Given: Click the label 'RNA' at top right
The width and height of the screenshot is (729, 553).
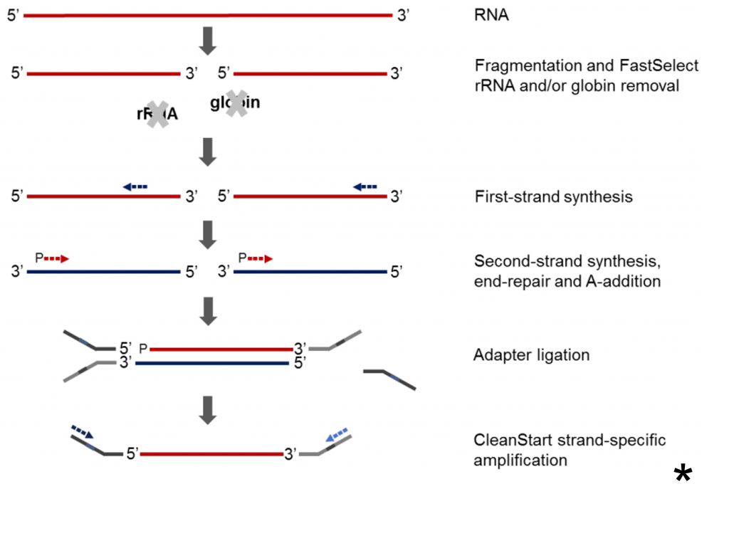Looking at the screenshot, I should [491, 15].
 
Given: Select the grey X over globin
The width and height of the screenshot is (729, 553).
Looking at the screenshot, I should [236, 103].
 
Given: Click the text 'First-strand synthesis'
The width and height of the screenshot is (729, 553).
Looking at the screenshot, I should [553, 196].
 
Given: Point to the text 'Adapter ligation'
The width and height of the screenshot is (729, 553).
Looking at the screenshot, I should [531, 354].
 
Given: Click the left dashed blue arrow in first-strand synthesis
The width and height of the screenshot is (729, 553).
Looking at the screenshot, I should [135, 186].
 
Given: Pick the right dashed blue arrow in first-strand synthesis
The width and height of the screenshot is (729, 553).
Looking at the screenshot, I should [365, 186].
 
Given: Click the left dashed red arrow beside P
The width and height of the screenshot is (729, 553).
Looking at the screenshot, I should [56, 259].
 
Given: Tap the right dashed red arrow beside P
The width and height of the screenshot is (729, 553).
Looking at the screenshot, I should [260, 259].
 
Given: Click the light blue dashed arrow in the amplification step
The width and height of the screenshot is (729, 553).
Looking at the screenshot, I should [336, 433].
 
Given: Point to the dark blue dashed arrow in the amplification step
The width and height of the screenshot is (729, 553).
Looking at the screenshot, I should [82, 431].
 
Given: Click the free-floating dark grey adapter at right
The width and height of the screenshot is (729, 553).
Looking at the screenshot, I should [389, 378].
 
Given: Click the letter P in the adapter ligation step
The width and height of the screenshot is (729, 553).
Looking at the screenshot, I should [143, 349].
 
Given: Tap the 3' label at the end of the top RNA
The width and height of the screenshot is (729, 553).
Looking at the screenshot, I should [404, 15].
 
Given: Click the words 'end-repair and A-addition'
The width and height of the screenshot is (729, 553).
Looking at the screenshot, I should [567, 281].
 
